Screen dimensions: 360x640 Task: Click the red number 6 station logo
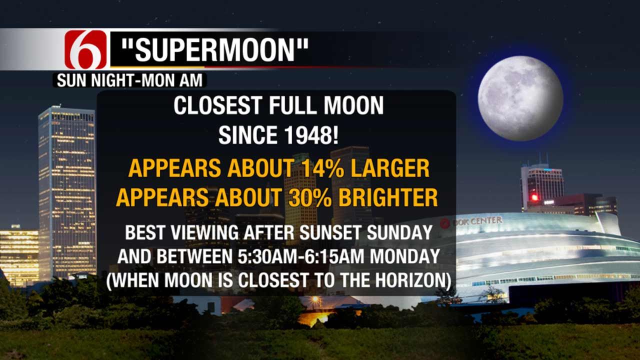(85, 49)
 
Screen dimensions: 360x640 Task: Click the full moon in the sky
(520, 98)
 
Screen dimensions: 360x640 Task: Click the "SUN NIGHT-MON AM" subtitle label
(129, 80)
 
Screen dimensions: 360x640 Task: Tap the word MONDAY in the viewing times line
(407, 256)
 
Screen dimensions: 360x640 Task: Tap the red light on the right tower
(534, 196)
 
